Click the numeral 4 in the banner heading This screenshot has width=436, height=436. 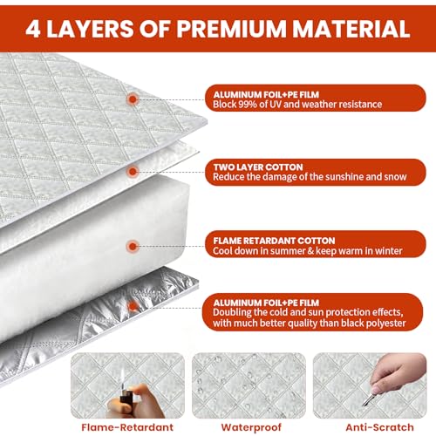coord(33,29)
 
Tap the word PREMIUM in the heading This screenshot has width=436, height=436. coord(231,29)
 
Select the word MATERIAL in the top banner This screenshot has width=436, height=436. coord(351,29)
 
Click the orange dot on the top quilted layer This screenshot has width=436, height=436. coord(133,99)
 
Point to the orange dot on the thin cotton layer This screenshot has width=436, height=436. coord(133,172)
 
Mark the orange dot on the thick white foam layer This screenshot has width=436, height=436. coord(133,247)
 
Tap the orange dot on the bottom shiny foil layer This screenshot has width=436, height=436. coord(133,306)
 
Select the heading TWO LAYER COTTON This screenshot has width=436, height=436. coord(258,167)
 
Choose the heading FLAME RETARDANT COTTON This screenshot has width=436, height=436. coord(274,241)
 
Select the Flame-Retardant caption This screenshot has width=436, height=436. coord(127,427)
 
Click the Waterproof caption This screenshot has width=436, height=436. coord(251,427)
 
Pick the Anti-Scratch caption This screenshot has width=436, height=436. coord(379,427)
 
